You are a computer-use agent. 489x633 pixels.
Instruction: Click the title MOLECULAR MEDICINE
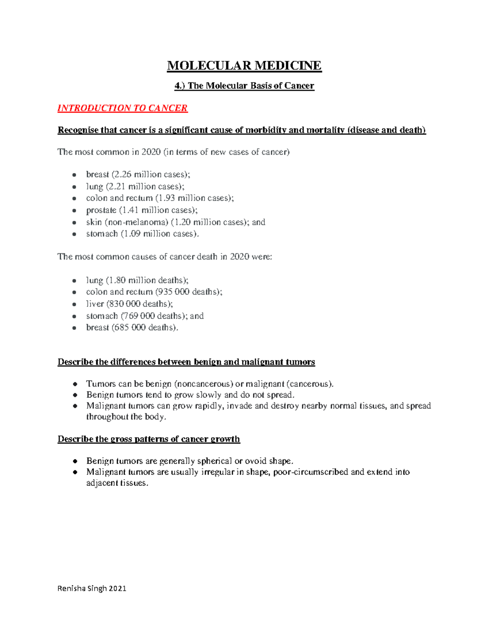[x=244, y=66]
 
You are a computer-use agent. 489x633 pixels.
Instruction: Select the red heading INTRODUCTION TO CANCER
[x=122, y=108]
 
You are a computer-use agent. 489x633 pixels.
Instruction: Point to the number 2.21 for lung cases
[x=117, y=187]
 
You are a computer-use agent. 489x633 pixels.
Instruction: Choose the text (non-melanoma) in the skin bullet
[x=136, y=222]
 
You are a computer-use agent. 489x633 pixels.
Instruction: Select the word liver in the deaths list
[x=95, y=304]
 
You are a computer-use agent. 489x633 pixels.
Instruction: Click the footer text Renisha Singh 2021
[x=92, y=589]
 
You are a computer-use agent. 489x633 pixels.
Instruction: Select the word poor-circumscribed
[x=311, y=472]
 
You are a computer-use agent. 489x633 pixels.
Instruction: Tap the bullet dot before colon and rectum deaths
[x=74, y=292]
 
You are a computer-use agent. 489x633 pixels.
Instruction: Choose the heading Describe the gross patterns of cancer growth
[x=149, y=439]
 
